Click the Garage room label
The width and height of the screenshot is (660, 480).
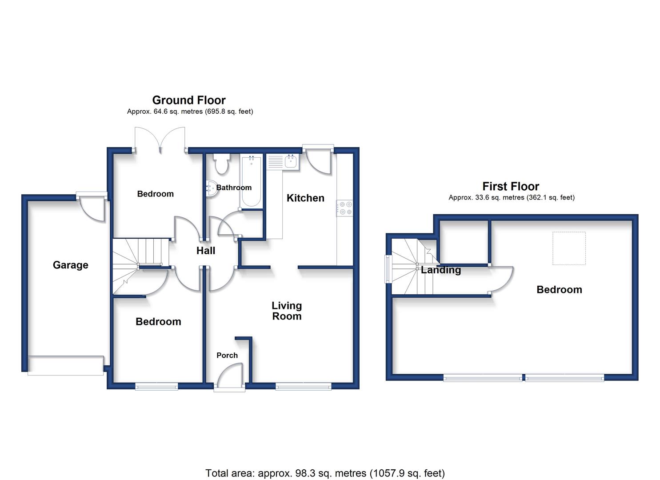pyautogui.click(x=70, y=265)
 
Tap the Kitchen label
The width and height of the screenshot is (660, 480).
pyautogui.click(x=305, y=198)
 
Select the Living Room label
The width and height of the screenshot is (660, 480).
pyautogui.click(x=287, y=311)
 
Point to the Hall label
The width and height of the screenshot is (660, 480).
pyautogui.click(x=206, y=251)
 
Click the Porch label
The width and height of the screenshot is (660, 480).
pyautogui.click(x=227, y=356)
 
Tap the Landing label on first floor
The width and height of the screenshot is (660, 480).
pyautogui.click(x=441, y=270)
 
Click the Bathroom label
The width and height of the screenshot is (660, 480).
pyautogui.click(x=234, y=188)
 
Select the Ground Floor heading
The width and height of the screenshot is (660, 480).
pyautogui.click(x=189, y=100)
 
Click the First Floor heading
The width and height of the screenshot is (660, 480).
pyautogui.click(x=511, y=186)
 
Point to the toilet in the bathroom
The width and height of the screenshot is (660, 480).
pyautogui.click(x=222, y=164)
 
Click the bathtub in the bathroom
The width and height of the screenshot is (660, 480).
pyautogui.click(x=251, y=181)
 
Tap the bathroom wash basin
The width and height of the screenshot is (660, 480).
pyautogui.click(x=211, y=188)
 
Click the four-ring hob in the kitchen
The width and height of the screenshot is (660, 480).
pyautogui.click(x=345, y=208)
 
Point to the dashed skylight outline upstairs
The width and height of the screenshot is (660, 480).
pyautogui.click(x=569, y=248)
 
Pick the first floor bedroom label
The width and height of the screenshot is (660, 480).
pyautogui.click(x=559, y=290)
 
